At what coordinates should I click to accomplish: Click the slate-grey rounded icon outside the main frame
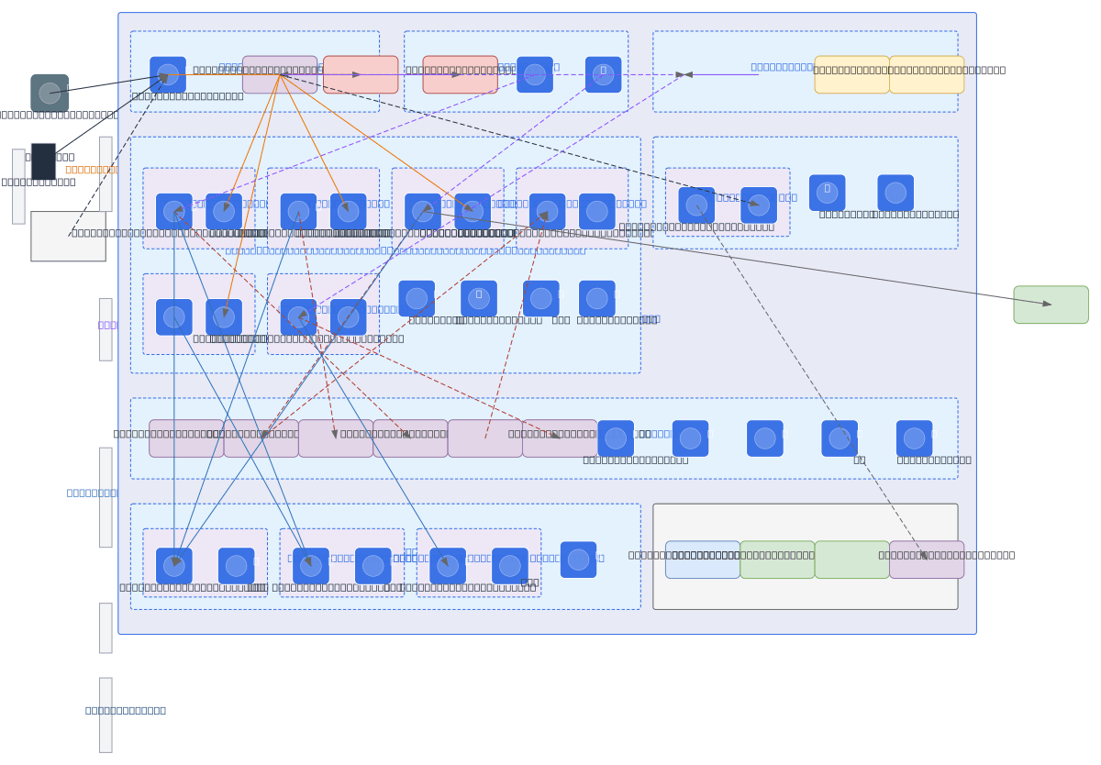[50, 94]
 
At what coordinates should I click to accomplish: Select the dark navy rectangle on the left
[43, 161]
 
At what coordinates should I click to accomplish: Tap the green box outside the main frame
[1051, 305]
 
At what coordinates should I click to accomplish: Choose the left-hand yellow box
[851, 75]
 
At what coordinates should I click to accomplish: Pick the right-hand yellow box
[927, 75]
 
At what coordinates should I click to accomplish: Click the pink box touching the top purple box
[361, 75]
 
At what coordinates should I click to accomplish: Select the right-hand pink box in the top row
[460, 75]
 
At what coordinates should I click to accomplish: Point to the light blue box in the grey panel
[703, 560]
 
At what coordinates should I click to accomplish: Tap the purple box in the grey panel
[927, 560]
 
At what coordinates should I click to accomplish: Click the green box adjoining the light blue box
[777, 560]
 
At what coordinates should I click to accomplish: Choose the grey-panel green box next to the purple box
[851, 560]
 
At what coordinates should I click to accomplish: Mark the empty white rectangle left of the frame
[68, 237]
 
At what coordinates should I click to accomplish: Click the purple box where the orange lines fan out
[280, 75]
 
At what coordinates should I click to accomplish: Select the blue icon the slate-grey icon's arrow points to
[168, 75]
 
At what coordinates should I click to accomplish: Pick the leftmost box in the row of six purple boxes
[186, 438]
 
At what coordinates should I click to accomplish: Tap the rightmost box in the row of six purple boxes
[560, 438]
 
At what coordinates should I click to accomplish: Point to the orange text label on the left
[91, 170]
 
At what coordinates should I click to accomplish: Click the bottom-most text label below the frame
[126, 710]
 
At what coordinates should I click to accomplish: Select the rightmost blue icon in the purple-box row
[914, 438]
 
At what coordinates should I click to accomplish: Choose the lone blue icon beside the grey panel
[578, 560]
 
